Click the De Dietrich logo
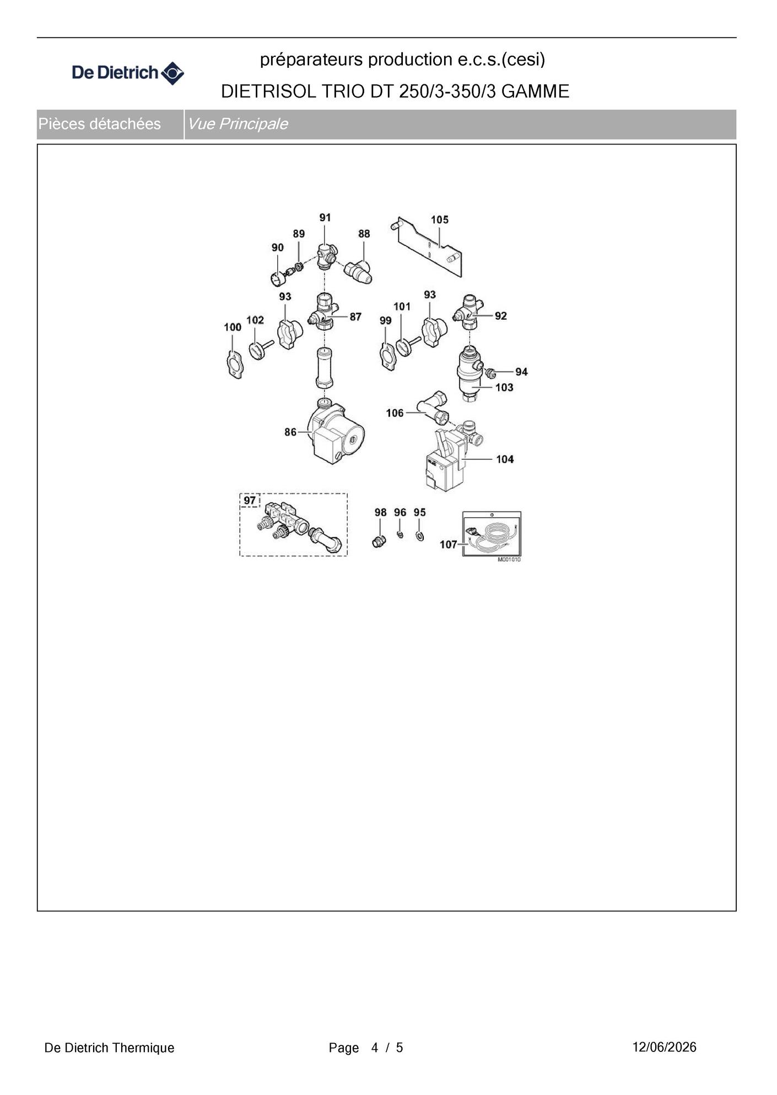(x=128, y=73)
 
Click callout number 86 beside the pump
(x=290, y=432)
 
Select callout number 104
(x=505, y=459)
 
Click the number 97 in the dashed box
(x=250, y=501)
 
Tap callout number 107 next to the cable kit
(x=448, y=545)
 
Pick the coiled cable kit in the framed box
(x=492, y=534)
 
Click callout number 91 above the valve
(x=325, y=218)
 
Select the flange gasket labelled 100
(x=235, y=364)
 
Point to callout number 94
(x=521, y=372)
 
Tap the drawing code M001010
(x=509, y=560)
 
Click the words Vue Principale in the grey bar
(x=238, y=124)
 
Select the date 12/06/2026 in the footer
(x=664, y=1047)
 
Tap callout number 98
(x=380, y=513)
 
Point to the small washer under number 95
(x=420, y=536)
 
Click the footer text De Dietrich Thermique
(x=109, y=1048)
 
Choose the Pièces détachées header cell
(x=110, y=124)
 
